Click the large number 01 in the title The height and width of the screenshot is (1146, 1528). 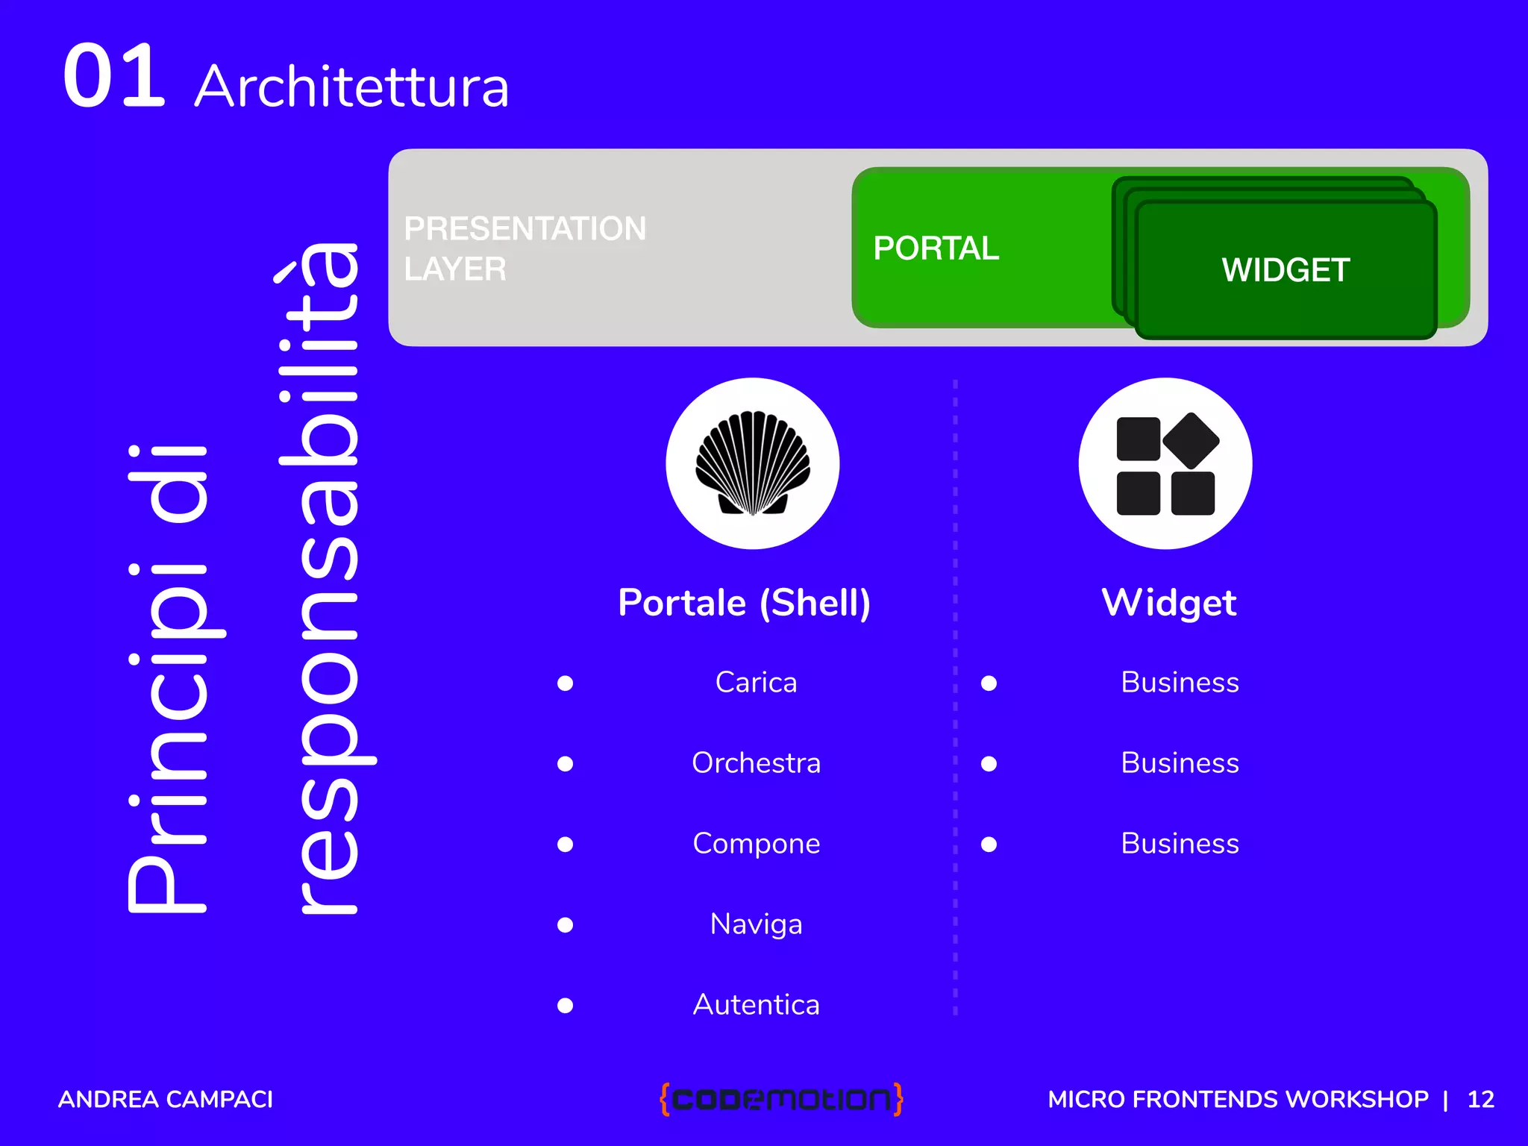coord(113,76)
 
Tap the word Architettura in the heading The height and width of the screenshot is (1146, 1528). coord(351,87)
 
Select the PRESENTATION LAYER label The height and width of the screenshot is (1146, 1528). coord(525,248)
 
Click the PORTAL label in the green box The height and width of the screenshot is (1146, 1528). coord(936,248)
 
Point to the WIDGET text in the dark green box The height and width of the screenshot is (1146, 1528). coord(1285,270)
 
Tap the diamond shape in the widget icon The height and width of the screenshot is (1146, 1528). coord(1191,440)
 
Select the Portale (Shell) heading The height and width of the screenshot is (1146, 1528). coord(744,603)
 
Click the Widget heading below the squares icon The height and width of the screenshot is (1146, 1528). coord(1168,603)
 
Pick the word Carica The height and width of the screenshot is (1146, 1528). coord(756,683)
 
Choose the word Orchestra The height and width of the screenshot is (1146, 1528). coord(756,763)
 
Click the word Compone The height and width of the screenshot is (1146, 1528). coord(756,844)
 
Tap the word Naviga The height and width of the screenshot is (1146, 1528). coord(756,924)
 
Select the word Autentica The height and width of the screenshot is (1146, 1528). coord(756,1005)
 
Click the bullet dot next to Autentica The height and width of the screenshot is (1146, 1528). coord(566,1006)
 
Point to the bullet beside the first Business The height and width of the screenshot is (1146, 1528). coord(989,683)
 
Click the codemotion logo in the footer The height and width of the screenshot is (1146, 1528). coord(781,1099)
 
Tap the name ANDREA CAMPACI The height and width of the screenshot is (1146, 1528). coord(166,1099)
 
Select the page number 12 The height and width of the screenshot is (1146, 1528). coord(1480,1099)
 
